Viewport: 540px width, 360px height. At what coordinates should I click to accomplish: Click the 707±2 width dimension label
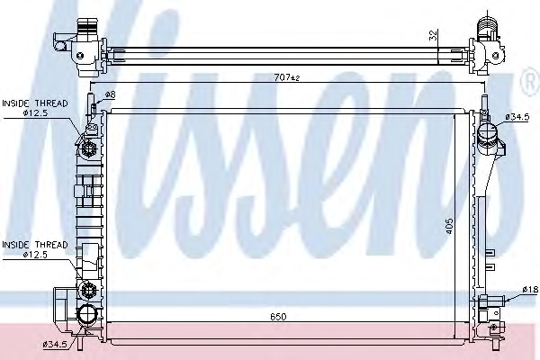coord(287,78)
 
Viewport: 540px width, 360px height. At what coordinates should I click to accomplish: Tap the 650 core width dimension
coord(278,316)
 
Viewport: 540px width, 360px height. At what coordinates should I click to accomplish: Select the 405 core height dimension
coord(449,226)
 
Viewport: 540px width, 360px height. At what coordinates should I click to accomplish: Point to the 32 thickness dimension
coord(433,35)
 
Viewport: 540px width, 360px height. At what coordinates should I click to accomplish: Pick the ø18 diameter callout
coord(530,290)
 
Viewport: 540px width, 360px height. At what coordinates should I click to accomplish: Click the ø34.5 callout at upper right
coord(517,117)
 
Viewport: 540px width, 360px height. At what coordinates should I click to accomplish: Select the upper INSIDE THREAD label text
coord(35,103)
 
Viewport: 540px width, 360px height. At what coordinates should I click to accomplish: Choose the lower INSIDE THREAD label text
coord(35,245)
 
